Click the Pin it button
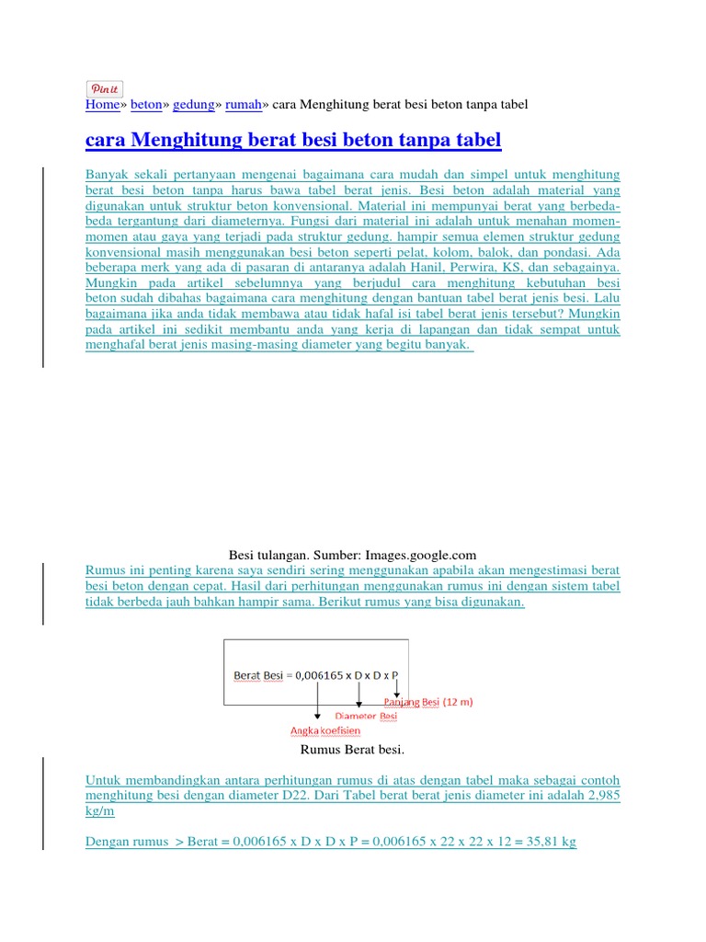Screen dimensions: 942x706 point(105,88)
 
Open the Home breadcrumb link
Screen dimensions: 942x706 point(102,105)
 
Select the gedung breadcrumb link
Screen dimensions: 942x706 point(193,105)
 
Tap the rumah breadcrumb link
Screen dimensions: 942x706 point(243,105)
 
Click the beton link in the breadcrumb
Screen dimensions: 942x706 point(146,105)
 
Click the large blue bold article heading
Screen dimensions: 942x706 point(293,141)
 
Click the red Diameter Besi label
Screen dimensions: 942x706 point(366,716)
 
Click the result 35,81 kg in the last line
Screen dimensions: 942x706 point(548,842)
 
